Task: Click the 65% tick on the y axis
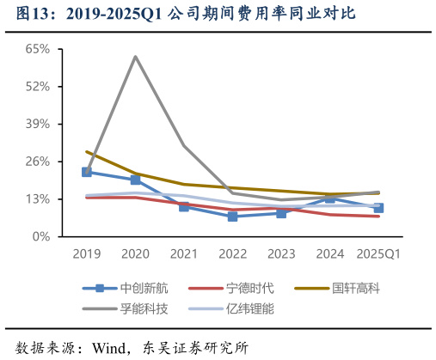point(37,49)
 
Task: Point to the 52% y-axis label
point(37,87)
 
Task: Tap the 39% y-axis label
point(37,124)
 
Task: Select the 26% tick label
point(37,162)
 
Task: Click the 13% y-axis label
point(37,198)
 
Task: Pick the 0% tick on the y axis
point(40,236)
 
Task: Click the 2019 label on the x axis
point(87,254)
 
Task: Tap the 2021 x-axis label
point(184,254)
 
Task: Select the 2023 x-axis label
point(281,254)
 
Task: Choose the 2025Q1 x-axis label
point(378,254)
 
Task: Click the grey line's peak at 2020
point(136,57)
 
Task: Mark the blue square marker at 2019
point(87,172)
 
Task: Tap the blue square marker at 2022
point(232,217)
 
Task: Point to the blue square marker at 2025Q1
point(378,208)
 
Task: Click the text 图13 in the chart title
point(33,15)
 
